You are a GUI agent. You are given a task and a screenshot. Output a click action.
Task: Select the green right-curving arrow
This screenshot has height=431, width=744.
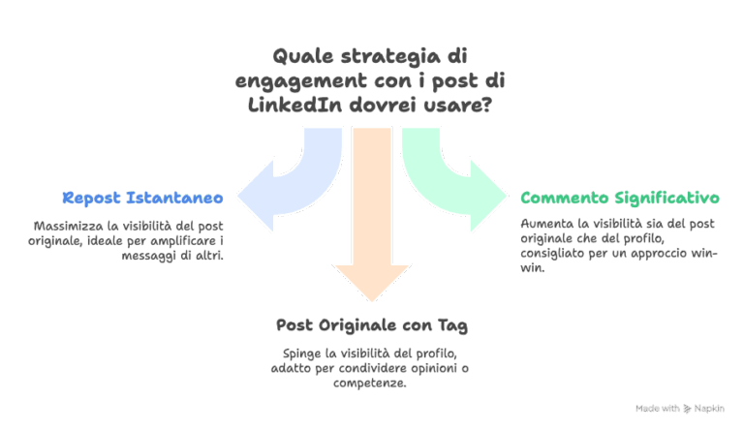click(x=455, y=184)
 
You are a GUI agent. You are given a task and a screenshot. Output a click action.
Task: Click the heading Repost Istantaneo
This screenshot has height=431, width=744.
click(x=143, y=198)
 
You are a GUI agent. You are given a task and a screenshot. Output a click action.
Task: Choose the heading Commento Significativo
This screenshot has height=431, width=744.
click(x=620, y=198)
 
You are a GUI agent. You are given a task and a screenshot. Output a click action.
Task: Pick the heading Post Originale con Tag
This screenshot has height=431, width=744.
click(x=372, y=324)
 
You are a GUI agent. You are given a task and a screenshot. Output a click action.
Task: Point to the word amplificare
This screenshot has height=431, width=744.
click(x=185, y=241)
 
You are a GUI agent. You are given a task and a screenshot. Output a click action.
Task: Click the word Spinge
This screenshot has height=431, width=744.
click(x=300, y=352)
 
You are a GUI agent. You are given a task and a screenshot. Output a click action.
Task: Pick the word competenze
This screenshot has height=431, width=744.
click(x=372, y=384)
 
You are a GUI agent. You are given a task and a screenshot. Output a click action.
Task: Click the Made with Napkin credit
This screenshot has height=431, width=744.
click(x=679, y=409)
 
